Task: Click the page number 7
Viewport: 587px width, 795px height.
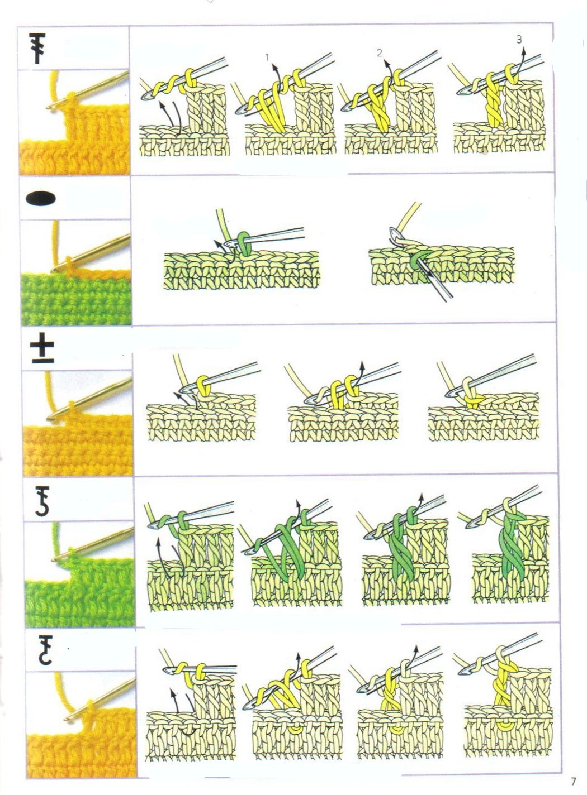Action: point(573,781)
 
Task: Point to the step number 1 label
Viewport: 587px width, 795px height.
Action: point(268,58)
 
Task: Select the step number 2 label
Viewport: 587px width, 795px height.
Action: point(380,53)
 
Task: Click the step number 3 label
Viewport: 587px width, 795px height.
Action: point(519,40)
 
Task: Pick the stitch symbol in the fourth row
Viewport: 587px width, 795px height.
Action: point(42,501)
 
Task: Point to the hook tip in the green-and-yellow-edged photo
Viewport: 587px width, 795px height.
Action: point(53,270)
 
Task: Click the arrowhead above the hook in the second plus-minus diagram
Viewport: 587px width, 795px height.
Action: point(362,364)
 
